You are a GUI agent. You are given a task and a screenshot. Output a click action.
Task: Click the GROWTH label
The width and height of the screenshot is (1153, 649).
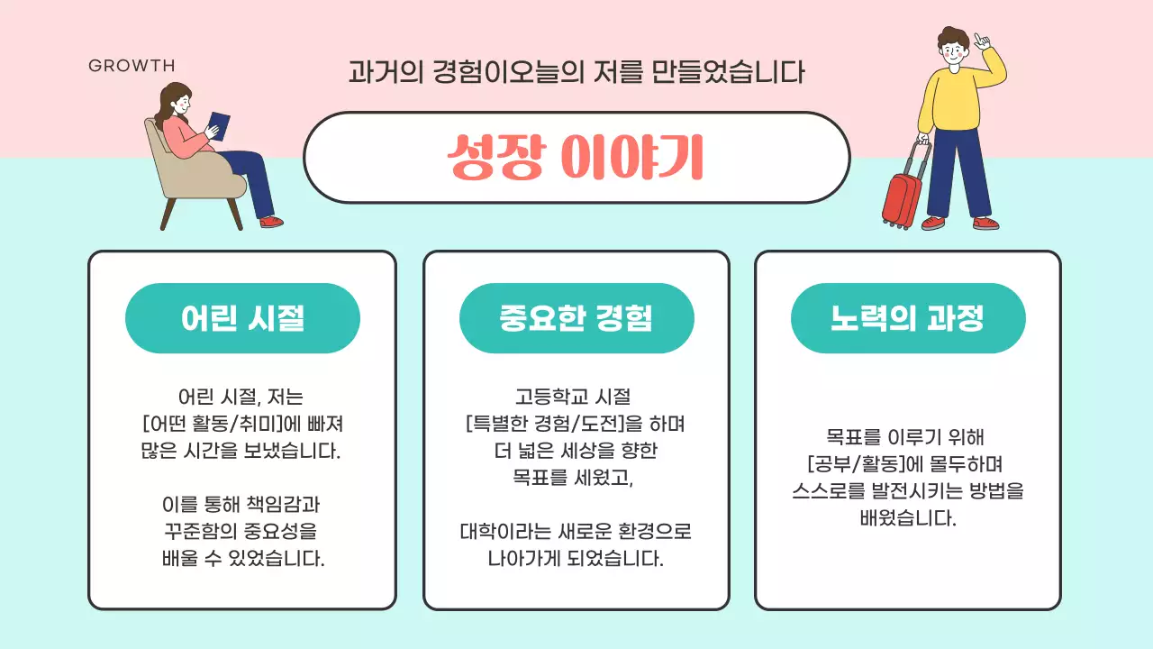[132, 66]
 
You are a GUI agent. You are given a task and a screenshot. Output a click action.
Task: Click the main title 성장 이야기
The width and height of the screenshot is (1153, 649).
[576, 158]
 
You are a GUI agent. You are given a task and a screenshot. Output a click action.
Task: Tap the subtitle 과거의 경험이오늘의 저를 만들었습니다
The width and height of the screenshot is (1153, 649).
[576, 72]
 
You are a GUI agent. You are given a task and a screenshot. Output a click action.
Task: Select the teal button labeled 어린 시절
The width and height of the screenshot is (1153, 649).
[242, 318]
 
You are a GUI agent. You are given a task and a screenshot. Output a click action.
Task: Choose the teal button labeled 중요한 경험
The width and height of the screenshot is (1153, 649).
[576, 318]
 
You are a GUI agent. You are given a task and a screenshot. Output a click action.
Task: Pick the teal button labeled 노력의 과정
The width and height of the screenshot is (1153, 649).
[907, 318]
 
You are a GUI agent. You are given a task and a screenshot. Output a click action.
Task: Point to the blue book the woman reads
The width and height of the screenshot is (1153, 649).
[219, 123]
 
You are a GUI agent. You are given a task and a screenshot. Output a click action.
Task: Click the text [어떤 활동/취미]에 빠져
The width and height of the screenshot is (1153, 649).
[242, 424]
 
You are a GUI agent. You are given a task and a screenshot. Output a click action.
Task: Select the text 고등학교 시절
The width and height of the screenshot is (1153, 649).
[576, 397]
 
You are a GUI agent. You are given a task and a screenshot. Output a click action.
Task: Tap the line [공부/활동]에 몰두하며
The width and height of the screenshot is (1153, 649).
[907, 464]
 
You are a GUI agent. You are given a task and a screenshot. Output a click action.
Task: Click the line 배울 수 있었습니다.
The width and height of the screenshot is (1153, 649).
[242, 558]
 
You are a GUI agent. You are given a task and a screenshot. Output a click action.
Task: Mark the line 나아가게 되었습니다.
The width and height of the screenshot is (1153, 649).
[576, 558]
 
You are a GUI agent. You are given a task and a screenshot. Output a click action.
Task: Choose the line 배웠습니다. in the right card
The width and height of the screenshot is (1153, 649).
[907, 518]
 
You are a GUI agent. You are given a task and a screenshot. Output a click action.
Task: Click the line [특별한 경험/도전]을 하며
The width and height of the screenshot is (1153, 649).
[576, 424]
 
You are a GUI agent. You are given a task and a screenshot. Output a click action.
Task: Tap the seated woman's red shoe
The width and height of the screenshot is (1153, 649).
[271, 221]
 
